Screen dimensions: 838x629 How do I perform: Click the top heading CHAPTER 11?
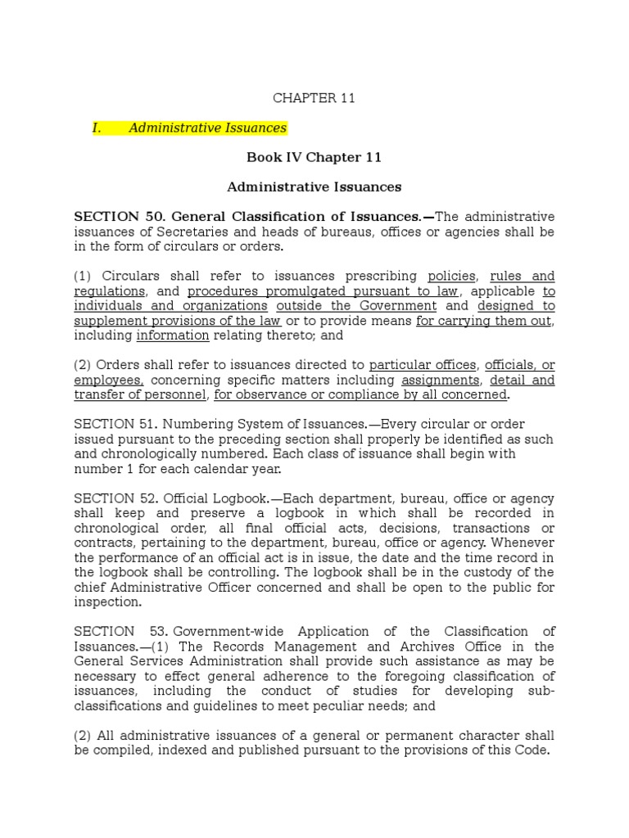pyautogui.click(x=314, y=98)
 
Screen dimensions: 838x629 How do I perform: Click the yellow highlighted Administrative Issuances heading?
pyautogui.click(x=207, y=128)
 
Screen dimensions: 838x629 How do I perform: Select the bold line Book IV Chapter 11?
pyautogui.click(x=314, y=157)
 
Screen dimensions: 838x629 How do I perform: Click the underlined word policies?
pyautogui.click(x=451, y=276)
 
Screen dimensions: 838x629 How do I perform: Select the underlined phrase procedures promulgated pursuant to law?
pyautogui.click(x=324, y=291)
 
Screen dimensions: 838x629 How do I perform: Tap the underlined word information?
pyautogui.click(x=173, y=336)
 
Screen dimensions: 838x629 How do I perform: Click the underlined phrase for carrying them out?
pyautogui.click(x=484, y=321)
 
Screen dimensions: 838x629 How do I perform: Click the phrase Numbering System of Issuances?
pyautogui.click(x=264, y=424)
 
